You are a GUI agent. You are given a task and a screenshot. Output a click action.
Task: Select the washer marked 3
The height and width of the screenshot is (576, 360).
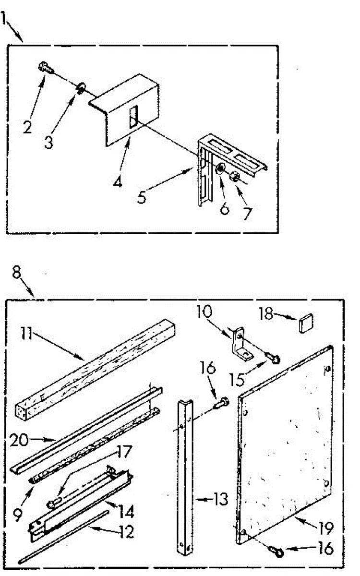[81, 87]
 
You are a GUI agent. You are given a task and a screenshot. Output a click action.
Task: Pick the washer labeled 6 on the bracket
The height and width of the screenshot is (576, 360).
[221, 168]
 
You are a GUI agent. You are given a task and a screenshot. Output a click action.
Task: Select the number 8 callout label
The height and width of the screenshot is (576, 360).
[17, 272]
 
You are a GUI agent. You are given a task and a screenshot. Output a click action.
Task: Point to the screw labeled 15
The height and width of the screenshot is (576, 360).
[276, 358]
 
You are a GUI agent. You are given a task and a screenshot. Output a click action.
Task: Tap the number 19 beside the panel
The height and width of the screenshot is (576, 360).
[324, 528]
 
